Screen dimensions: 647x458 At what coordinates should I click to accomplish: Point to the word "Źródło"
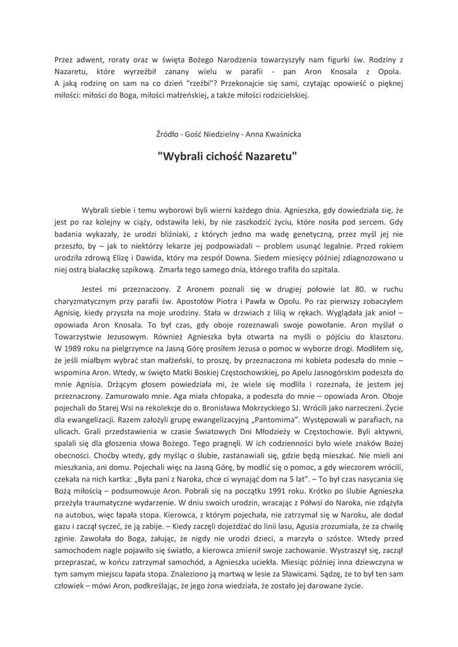(x=168, y=133)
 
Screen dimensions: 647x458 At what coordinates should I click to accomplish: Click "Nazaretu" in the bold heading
(x=274, y=155)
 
